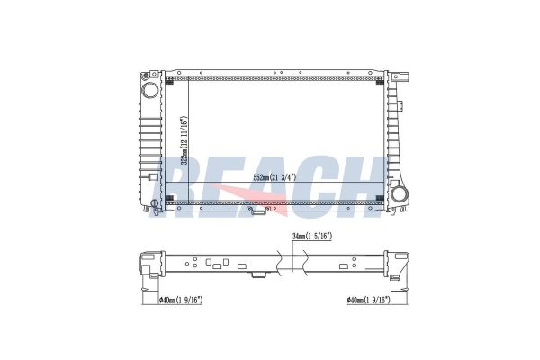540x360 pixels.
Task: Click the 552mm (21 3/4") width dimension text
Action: [274, 178]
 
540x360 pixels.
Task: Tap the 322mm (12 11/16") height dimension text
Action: [184, 139]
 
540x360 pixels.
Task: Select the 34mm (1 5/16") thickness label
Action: [312, 237]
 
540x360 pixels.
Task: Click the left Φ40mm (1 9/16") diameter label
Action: [181, 301]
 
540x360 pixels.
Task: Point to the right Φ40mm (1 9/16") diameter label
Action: [368, 301]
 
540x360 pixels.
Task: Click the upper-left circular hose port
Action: [149, 90]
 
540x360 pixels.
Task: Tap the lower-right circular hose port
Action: [400, 194]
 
